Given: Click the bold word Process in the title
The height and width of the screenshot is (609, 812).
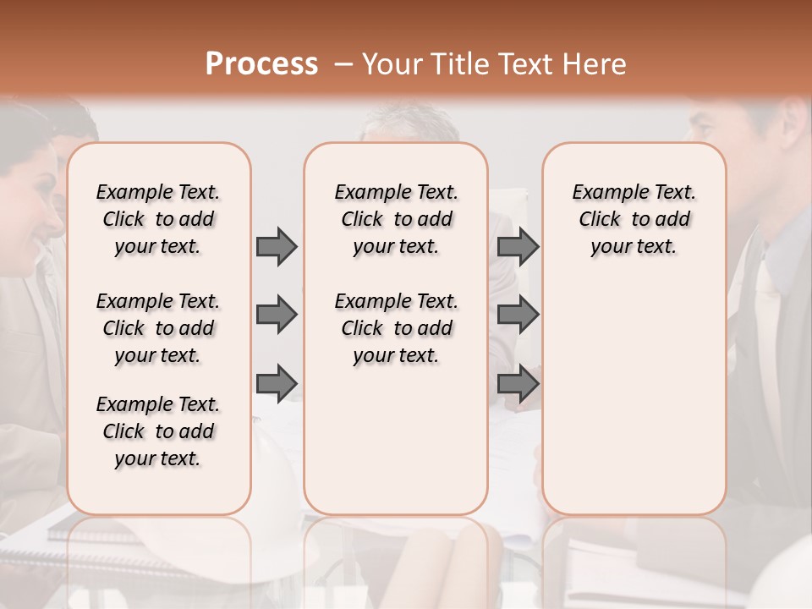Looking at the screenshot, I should pos(261,64).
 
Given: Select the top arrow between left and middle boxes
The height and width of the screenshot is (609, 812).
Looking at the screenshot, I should pos(277,246).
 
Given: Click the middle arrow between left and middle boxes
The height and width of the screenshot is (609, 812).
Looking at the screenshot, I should pos(277,315).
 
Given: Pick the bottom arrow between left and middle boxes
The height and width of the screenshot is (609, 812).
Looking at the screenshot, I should pos(277,384).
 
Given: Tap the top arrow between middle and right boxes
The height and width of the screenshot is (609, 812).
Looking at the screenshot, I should pos(518,246).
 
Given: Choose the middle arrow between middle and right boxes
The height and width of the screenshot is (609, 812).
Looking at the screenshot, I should pos(518,315).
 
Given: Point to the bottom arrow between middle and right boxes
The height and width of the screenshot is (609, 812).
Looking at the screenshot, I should pos(518,384).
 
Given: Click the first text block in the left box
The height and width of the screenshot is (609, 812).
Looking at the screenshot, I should pos(158,219).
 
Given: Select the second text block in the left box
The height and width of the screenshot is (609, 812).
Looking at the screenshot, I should pos(158,328).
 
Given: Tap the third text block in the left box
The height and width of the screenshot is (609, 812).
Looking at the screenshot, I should pos(158,431).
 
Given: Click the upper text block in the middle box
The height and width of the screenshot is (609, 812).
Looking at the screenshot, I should pos(396,219).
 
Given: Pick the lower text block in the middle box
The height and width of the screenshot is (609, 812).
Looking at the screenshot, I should pos(396,328).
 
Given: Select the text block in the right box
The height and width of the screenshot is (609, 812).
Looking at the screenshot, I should pos(634,219).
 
